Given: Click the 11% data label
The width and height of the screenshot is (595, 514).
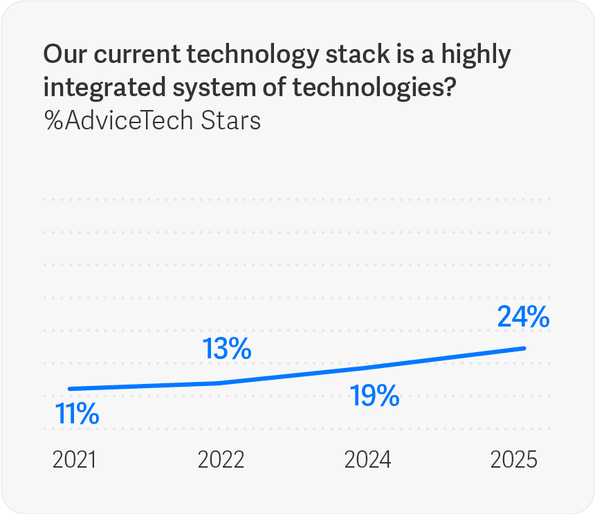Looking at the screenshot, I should point(77,414).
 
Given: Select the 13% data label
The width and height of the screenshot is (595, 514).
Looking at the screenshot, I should point(227,349).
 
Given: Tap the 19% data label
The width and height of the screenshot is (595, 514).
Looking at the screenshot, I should point(374,396).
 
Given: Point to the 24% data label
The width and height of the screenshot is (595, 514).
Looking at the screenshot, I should point(523,317).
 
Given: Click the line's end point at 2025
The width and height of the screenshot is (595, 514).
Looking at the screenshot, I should point(524,348).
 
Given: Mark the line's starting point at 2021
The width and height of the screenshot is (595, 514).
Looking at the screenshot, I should point(70,389).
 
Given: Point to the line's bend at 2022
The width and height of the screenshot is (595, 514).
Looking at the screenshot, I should point(219,383).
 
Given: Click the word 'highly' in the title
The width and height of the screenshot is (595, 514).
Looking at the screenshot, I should point(475,55).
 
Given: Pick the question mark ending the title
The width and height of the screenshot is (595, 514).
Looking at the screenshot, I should point(447,87).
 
